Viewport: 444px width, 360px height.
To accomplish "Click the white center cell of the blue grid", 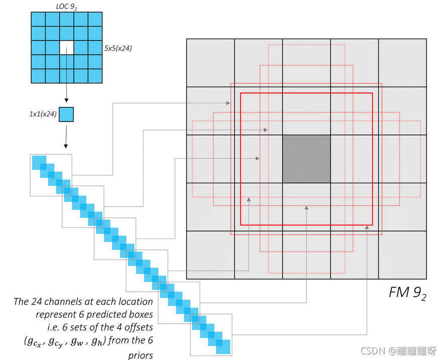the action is (67, 48).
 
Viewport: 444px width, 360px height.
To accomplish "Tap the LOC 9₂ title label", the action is (66, 6).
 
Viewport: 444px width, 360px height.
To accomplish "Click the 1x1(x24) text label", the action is (43, 114).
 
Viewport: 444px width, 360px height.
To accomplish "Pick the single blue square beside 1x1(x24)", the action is (67, 114).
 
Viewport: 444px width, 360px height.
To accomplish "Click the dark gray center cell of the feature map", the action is (307, 159).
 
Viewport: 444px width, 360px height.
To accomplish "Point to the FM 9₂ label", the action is (407, 294).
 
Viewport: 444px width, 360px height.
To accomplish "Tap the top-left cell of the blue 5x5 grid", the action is (38, 19).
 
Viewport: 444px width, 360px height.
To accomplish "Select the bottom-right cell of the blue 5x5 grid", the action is (95, 76).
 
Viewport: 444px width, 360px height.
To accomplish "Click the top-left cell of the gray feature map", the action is (210, 63).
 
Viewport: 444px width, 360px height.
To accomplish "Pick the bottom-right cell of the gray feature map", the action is (402, 255).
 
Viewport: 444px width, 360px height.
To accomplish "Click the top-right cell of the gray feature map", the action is (402, 63).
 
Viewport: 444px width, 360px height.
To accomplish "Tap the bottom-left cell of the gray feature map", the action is (210, 255).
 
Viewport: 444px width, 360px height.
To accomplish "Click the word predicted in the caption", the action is (102, 315).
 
